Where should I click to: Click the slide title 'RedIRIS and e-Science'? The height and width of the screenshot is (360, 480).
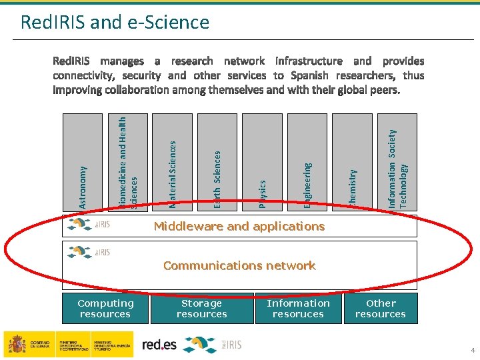coord(115,23)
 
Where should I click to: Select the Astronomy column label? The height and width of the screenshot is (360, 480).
coord(83,188)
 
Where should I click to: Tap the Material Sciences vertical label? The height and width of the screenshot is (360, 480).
coord(173,173)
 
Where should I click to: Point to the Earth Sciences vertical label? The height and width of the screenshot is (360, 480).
coord(217,178)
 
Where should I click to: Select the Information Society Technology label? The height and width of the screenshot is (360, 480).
coord(397,168)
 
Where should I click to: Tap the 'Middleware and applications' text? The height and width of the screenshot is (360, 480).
coord(239,226)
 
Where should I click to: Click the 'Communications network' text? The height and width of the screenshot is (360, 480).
coord(239,265)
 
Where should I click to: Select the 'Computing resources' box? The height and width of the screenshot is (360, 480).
coord(105,309)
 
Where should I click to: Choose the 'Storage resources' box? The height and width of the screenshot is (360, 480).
coord(202,309)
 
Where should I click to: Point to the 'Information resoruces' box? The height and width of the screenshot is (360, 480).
coord(298,309)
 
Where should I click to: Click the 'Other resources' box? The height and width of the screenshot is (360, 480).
coord(381,309)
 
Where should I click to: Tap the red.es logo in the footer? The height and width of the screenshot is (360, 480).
coord(160,344)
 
